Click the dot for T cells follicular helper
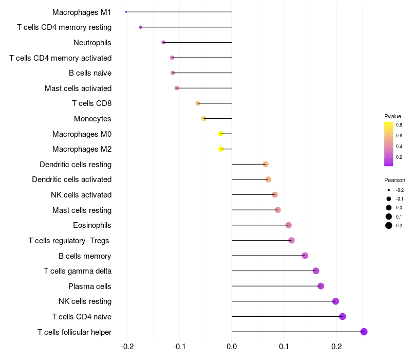coord(364,332)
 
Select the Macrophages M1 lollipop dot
coord(126,12)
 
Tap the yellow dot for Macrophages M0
coord(221,134)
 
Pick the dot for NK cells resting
coord(335,301)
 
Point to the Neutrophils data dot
coord(163,42)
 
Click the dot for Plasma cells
coord(321,286)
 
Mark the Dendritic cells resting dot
coord(266,164)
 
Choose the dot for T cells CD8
coord(198,103)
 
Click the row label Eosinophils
coord(92,225)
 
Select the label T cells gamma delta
coord(78,271)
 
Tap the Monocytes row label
coord(92,119)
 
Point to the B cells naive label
coord(90,73)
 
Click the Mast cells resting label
coord(82,210)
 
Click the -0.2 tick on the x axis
coord(127,347)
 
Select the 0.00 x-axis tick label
coord(232,347)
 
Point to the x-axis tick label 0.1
coord(284,347)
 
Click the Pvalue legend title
coord(393,116)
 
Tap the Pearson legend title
coord(395,181)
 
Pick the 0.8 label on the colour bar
coord(399,124)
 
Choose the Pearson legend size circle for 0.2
coord(389,225)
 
